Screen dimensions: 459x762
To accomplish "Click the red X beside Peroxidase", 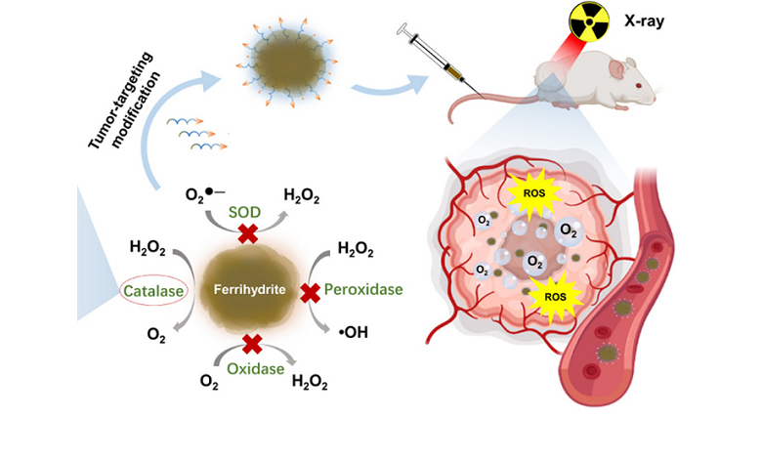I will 312,291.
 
